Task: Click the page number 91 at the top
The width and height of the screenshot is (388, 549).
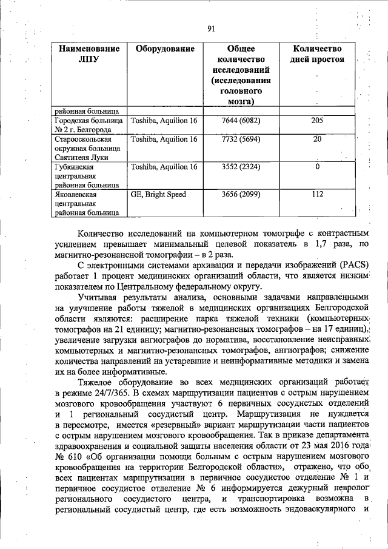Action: (x=211, y=28)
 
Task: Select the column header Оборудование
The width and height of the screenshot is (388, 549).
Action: (x=165, y=49)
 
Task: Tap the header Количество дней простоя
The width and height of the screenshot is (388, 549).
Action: (x=317, y=54)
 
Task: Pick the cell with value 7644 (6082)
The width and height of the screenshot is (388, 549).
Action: (x=241, y=121)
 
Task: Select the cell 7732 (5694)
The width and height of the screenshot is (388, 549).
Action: (x=241, y=139)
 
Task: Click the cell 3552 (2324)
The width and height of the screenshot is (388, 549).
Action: (x=241, y=167)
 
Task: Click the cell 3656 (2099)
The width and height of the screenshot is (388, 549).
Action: (x=241, y=195)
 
